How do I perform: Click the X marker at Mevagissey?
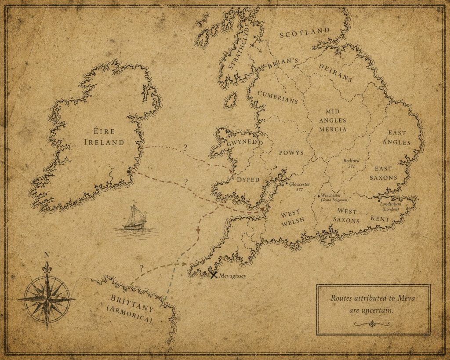click(214, 276)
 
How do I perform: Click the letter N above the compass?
click(47, 255)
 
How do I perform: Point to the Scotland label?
click(305, 33)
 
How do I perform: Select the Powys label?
click(291, 153)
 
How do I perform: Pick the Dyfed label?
click(249, 180)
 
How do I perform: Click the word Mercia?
click(333, 129)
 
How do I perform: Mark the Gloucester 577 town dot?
click(287, 184)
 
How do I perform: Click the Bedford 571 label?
click(351, 163)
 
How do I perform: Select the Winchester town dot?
click(319, 195)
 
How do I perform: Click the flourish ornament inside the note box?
click(373, 324)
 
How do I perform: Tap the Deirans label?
click(335, 71)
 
